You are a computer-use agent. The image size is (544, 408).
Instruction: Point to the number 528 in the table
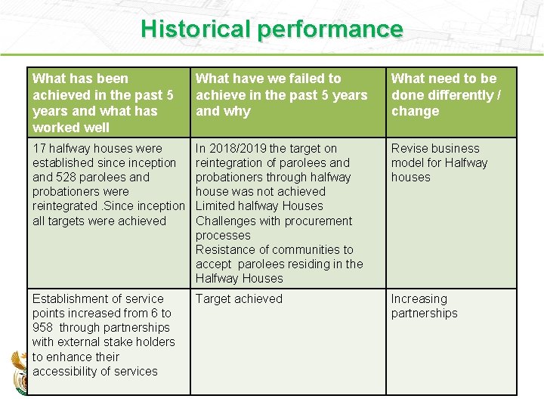click(x=67, y=178)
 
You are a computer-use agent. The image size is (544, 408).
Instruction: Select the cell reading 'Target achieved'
click(x=239, y=299)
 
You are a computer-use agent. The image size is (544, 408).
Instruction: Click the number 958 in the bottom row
click(x=43, y=328)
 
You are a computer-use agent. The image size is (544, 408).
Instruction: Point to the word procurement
click(x=316, y=221)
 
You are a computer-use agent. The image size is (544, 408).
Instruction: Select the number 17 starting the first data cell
click(x=39, y=149)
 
